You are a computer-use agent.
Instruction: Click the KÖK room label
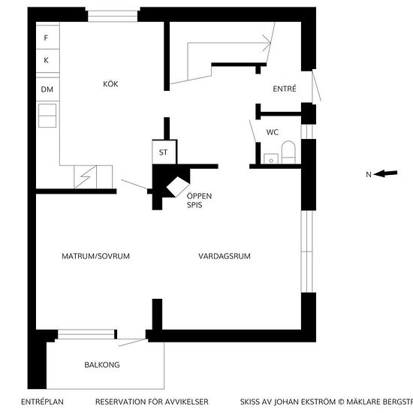click(x=110, y=84)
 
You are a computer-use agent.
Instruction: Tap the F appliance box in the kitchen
click(x=47, y=37)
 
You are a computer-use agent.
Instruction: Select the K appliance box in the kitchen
click(x=47, y=61)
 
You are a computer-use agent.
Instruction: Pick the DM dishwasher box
click(x=47, y=89)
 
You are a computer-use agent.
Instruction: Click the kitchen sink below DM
click(x=47, y=116)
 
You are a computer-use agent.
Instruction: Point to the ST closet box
click(x=164, y=152)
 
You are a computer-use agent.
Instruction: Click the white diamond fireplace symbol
click(x=178, y=187)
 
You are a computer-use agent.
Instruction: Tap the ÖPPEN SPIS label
click(x=199, y=200)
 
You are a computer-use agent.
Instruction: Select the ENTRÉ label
click(x=285, y=89)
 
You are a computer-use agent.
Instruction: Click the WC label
click(x=273, y=132)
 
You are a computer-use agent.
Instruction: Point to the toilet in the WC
click(x=288, y=152)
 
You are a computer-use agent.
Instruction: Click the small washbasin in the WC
click(x=271, y=159)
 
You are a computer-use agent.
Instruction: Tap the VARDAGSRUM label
click(x=225, y=256)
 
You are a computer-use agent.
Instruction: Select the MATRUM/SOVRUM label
click(x=95, y=256)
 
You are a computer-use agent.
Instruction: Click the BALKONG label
click(x=102, y=365)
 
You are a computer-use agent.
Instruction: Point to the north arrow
click(x=386, y=173)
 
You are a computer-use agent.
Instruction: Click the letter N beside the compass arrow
click(x=369, y=174)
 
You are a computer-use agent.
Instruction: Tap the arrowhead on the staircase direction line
click(x=267, y=43)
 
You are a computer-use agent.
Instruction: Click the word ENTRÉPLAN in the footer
click(x=42, y=402)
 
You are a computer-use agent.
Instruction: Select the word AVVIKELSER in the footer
click(x=186, y=402)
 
